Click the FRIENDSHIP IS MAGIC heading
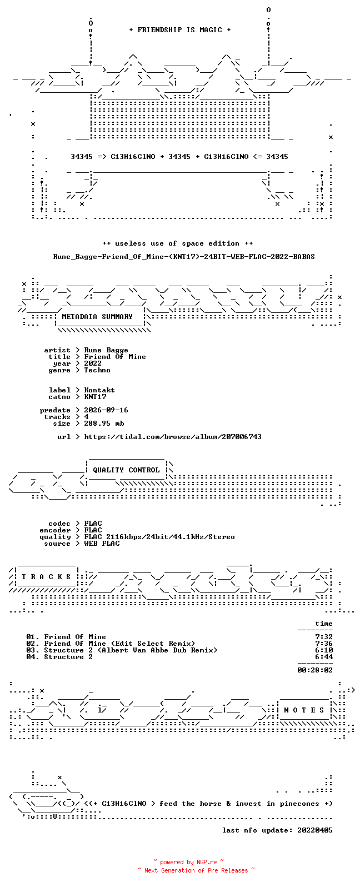click(180, 29)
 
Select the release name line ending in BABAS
click(184, 257)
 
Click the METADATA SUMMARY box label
click(97, 316)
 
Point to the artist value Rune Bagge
click(106, 350)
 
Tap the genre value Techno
click(97, 370)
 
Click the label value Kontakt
click(99, 390)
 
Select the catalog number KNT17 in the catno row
click(95, 397)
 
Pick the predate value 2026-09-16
click(106, 410)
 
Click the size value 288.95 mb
click(104, 423)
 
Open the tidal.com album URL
click(173, 437)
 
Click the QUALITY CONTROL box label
click(126, 470)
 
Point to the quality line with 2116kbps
click(159, 537)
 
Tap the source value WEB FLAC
click(102, 544)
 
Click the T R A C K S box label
click(46, 576)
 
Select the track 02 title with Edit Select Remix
click(119, 644)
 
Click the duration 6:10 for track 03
click(324, 650)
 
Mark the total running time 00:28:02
click(315, 670)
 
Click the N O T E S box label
click(304, 710)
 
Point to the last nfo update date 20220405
click(315, 830)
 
